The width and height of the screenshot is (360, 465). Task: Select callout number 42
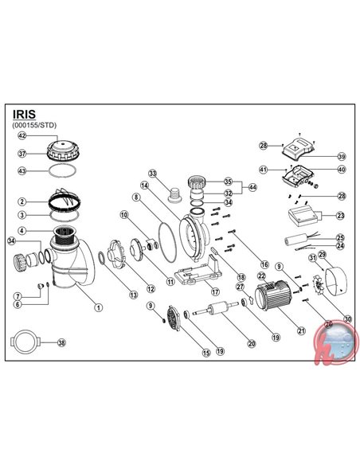(23, 137)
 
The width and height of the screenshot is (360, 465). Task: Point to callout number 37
(23, 154)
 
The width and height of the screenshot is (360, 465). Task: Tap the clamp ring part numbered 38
(25, 343)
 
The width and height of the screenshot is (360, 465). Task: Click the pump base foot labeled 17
(196, 278)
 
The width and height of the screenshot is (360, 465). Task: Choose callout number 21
(300, 330)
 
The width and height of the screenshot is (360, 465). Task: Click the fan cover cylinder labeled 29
(331, 275)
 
